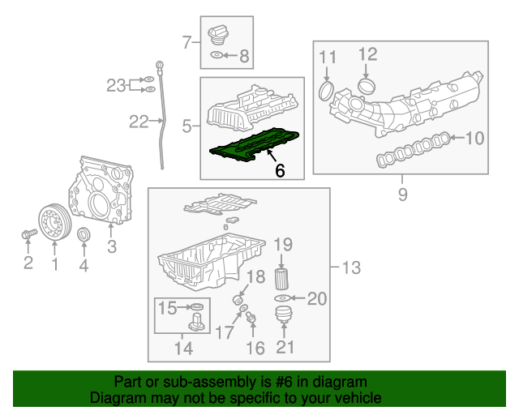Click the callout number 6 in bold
[280, 171]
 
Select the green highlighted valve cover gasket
[253, 147]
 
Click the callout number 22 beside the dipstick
[139, 122]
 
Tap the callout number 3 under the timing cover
[112, 246]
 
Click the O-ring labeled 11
[326, 89]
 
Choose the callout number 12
[367, 54]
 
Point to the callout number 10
[474, 139]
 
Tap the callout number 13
[351, 267]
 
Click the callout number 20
[315, 298]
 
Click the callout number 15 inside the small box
[167, 307]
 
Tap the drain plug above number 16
[251, 318]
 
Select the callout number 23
[117, 83]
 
